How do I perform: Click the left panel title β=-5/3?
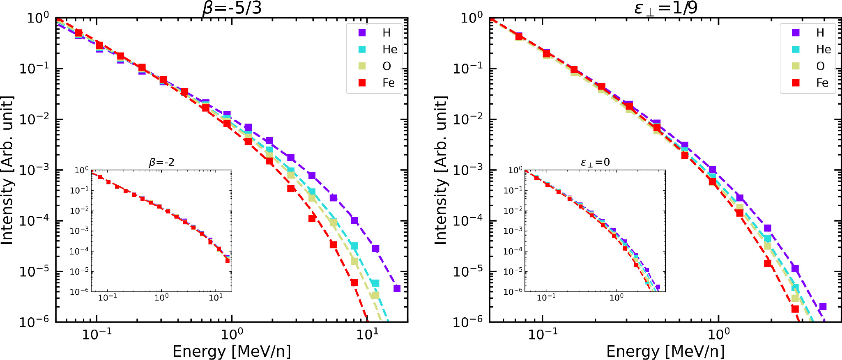(232, 8)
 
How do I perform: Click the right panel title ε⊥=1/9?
(666, 8)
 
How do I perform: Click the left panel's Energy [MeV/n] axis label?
(232, 351)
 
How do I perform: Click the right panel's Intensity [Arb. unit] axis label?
(440, 170)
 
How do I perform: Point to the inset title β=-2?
(161, 163)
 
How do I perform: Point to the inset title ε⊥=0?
(595, 163)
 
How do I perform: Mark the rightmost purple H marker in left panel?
(397, 289)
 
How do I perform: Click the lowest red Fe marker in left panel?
(354, 282)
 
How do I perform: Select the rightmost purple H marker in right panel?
(823, 307)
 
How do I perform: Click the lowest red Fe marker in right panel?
(795, 309)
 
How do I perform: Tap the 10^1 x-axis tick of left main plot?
(367, 334)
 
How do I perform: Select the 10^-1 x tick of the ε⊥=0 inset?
(546, 298)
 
